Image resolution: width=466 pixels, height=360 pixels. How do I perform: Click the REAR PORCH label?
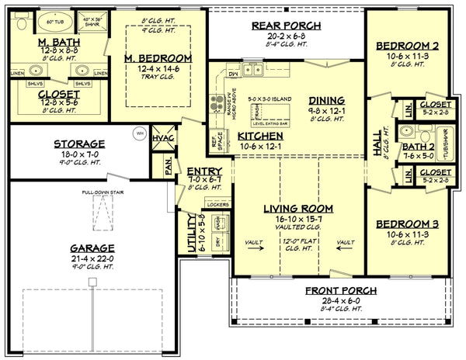click(x=285, y=26)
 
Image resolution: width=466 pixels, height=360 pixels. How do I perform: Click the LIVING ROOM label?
click(x=297, y=208)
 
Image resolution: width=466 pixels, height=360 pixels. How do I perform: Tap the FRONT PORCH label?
click(x=341, y=290)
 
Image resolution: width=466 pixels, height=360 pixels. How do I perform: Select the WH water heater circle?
click(x=140, y=131)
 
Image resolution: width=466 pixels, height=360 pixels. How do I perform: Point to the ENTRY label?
click(x=204, y=171)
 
